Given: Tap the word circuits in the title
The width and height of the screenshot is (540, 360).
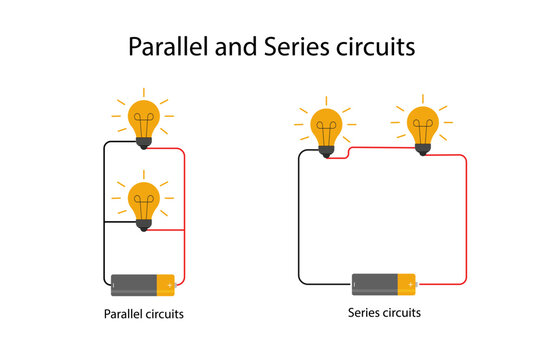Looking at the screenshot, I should pyautogui.click(x=373, y=47).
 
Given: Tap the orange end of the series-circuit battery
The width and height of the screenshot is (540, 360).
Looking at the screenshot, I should pyautogui.click(x=408, y=284).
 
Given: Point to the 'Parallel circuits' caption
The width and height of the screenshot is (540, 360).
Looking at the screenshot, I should pyautogui.click(x=144, y=315).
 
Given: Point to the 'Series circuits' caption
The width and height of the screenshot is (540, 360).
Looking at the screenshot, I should pyautogui.click(x=385, y=313).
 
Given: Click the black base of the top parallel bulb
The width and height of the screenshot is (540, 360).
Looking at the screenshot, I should pyautogui.click(x=144, y=143).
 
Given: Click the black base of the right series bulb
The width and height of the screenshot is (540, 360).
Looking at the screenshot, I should pyautogui.click(x=423, y=148).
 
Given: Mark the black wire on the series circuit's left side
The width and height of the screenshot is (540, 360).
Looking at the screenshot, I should pyautogui.click(x=299, y=220).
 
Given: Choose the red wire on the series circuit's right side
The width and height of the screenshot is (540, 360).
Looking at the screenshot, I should pyautogui.click(x=467, y=220).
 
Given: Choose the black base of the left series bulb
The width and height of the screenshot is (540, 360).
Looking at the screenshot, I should pyautogui.click(x=327, y=152).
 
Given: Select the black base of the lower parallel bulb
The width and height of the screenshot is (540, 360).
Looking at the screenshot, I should pyautogui.click(x=144, y=225).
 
